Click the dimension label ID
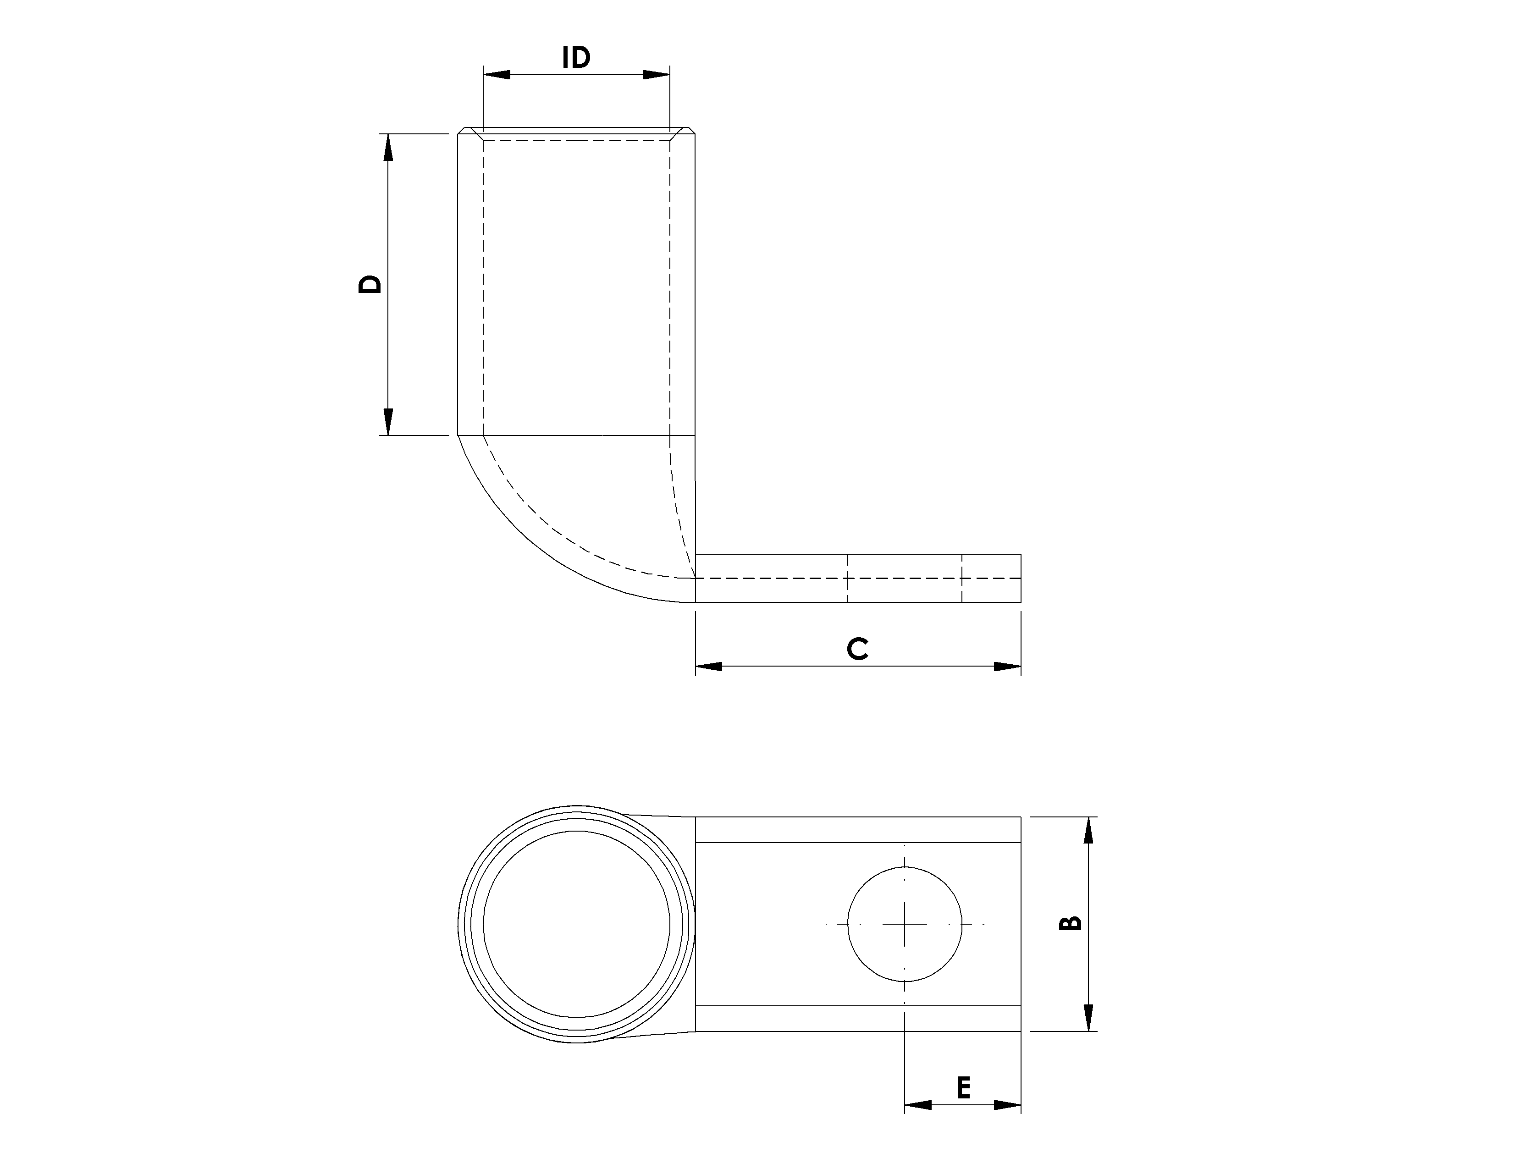576,57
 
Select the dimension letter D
370,284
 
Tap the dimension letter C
858,649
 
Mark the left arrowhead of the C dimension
709,666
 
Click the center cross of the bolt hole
905,924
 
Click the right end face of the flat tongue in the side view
1021,578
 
